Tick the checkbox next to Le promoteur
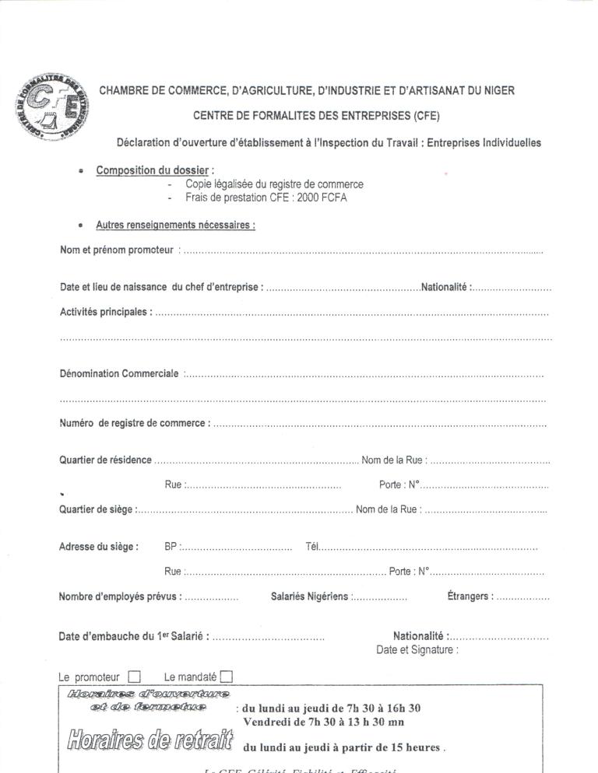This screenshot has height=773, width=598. click(134, 677)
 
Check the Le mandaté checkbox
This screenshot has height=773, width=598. click(227, 677)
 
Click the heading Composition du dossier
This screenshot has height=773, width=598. click(153, 170)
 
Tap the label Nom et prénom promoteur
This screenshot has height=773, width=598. click(116, 250)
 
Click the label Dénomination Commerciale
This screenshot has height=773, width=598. click(119, 373)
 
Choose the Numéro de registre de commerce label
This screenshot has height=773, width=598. click(134, 423)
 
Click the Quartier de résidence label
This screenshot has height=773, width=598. click(105, 460)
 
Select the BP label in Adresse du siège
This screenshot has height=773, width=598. click(171, 547)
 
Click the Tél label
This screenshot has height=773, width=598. click(312, 547)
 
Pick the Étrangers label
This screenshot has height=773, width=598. click(470, 596)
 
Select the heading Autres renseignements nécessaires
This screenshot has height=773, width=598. click(175, 226)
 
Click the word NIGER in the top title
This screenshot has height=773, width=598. click(497, 90)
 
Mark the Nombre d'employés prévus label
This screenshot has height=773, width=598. click(120, 596)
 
